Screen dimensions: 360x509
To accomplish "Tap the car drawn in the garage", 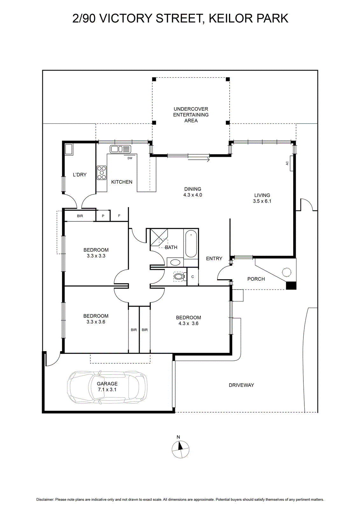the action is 107,387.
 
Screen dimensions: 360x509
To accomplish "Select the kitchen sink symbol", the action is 121,149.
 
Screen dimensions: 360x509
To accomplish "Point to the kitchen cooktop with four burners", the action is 101,173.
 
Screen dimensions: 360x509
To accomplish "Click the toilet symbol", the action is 178,276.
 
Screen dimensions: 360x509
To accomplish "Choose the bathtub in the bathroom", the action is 191,244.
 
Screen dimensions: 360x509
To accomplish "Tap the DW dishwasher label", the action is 130,158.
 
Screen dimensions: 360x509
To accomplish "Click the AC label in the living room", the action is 287,163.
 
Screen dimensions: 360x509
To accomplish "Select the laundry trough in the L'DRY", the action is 69,149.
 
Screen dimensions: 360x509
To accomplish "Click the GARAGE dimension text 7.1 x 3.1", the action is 107,389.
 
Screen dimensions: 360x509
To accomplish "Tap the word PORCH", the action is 256,279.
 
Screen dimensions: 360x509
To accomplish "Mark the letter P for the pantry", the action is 103,216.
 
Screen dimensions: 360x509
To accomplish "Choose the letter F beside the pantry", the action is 119,216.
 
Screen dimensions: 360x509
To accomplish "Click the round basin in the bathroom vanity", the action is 175,263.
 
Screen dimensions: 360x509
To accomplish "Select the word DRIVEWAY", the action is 241,385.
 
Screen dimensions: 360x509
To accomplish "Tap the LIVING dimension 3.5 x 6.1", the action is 262,201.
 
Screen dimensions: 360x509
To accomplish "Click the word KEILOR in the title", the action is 230,18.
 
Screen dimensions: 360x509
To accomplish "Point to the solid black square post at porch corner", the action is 291,286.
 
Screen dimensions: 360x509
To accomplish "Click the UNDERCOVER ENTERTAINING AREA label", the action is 191,115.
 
